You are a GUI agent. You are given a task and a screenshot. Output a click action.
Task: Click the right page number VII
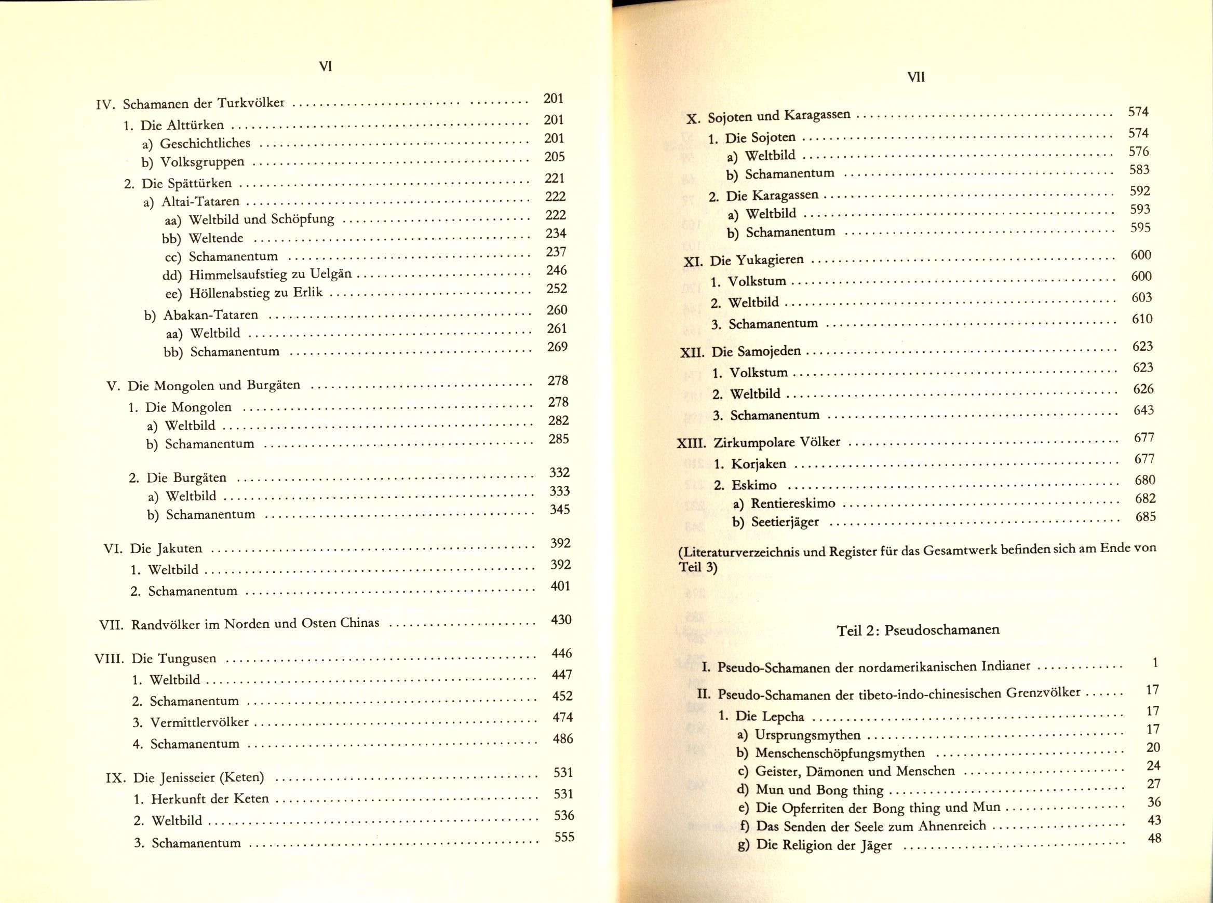pyautogui.click(x=915, y=78)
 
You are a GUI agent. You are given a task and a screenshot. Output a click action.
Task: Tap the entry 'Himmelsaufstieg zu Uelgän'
pyautogui.click(x=270, y=275)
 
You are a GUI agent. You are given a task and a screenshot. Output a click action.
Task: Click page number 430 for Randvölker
pyautogui.click(x=561, y=619)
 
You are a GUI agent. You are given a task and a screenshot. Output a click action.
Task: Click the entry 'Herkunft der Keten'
pyautogui.click(x=210, y=799)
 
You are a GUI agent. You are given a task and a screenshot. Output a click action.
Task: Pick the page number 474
pyautogui.click(x=562, y=717)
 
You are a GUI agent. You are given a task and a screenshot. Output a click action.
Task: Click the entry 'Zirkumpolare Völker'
pyautogui.click(x=777, y=442)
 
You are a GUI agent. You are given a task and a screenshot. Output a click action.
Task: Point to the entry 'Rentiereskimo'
pyautogui.click(x=792, y=503)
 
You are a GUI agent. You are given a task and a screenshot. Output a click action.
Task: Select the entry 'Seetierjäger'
pyautogui.click(x=785, y=522)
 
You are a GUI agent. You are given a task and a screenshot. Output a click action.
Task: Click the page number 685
pyautogui.click(x=1145, y=516)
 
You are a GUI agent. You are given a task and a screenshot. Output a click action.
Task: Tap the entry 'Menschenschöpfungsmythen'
pyautogui.click(x=840, y=753)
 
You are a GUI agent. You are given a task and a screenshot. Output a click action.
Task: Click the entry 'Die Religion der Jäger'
pyautogui.click(x=824, y=845)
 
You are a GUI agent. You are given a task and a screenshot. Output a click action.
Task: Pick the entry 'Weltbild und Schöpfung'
pyautogui.click(x=261, y=220)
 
